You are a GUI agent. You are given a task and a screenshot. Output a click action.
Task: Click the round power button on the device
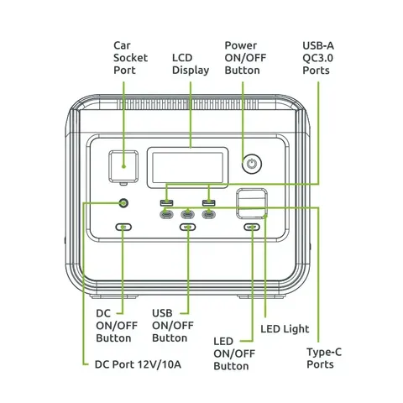tap(250, 164)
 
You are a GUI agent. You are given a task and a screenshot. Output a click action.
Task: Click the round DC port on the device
tap(124, 204)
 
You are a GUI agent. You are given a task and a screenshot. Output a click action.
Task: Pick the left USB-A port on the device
tap(167, 204)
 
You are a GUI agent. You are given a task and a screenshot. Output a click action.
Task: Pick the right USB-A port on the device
tap(207, 204)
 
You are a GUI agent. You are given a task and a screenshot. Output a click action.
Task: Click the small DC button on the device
tap(124, 228)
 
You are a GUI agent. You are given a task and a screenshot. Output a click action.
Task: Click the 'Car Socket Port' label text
tap(130, 57)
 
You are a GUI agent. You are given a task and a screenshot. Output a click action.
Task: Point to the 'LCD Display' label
tap(191, 63)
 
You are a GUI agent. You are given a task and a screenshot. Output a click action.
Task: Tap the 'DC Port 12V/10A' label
tap(138, 364)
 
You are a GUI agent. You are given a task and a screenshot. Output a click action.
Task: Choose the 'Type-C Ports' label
tap(320, 358)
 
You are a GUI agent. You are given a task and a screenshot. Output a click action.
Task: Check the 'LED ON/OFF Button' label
tap(233, 353)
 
